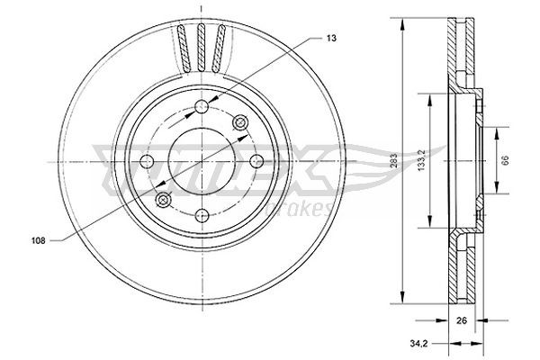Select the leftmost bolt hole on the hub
[147, 162]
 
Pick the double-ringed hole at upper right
[239, 123]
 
